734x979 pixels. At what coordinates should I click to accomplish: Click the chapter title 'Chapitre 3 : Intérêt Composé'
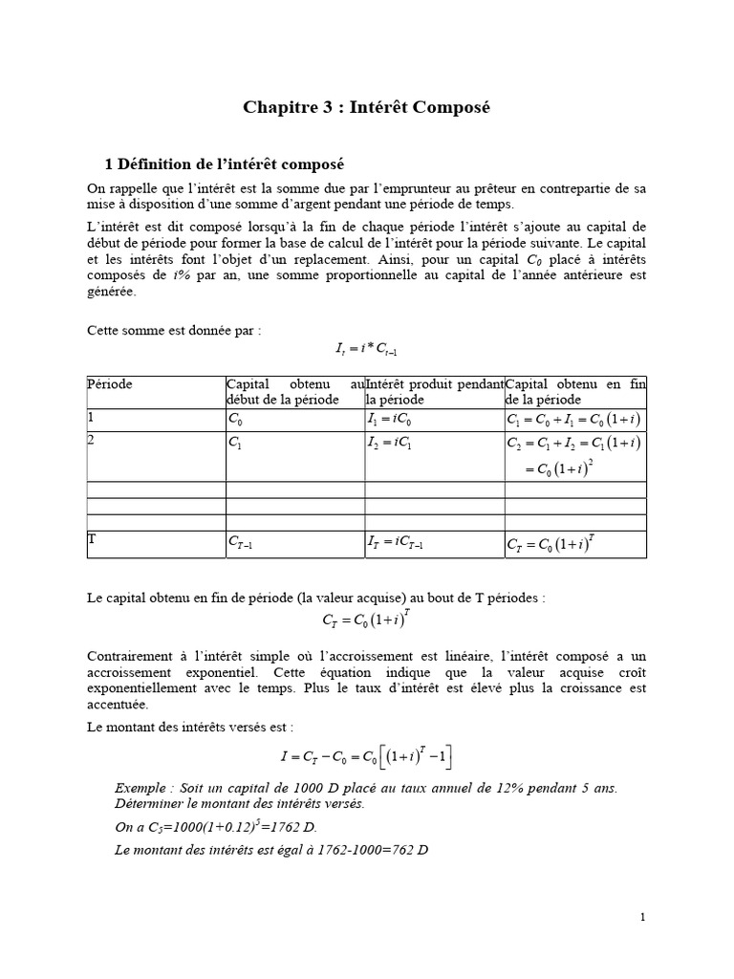coord(367,108)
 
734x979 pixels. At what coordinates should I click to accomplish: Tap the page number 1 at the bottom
coord(643,918)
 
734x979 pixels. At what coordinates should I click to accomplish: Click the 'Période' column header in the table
coord(110,384)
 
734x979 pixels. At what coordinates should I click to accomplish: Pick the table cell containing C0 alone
coord(236,420)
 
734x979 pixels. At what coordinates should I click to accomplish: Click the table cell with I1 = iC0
coord(388,420)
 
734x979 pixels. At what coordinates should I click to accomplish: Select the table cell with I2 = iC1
coord(388,443)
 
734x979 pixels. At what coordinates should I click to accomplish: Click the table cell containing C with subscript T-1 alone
coord(241,544)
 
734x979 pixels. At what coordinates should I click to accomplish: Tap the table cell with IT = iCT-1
coord(395,544)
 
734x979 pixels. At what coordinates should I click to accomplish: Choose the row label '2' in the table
coord(92,441)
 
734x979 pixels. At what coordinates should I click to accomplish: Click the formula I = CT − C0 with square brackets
coord(367,758)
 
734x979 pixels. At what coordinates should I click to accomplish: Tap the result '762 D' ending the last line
coord(404,848)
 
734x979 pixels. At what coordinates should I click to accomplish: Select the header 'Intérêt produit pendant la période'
coord(434,391)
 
